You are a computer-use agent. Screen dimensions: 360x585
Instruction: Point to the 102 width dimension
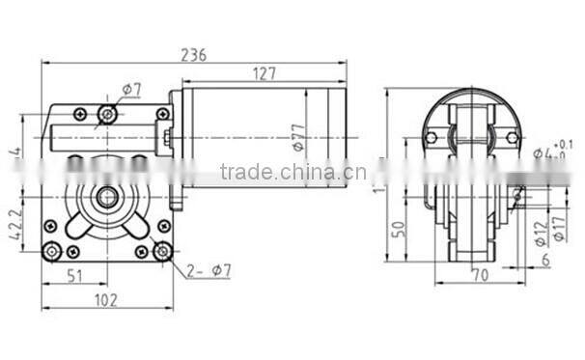[x=106, y=300]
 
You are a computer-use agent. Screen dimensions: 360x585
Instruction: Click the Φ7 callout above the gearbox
[x=132, y=90]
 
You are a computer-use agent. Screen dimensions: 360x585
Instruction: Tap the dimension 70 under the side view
[x=480, y=275]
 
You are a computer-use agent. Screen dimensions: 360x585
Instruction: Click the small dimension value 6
[x=545, y=260]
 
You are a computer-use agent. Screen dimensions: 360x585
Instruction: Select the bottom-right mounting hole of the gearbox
[x=162, y=251]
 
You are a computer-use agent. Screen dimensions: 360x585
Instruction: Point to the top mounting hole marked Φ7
[x=107, y=115]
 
